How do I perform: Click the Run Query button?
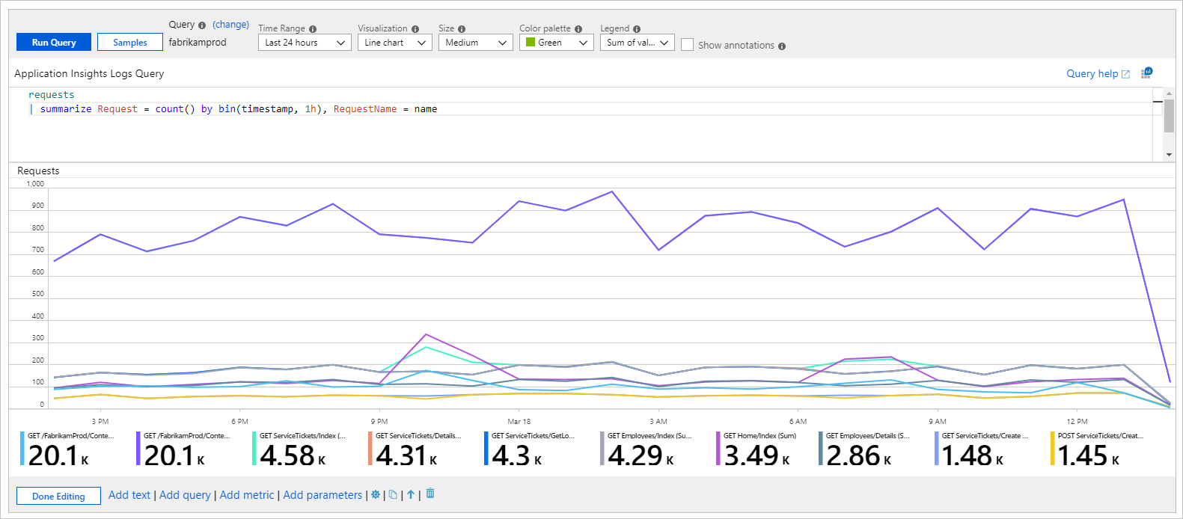click(54, 43)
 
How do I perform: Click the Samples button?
click(130, 43)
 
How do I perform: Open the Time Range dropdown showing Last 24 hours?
click(305, 43)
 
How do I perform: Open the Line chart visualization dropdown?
click(394, 43)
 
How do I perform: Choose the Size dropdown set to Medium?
click(475, 43)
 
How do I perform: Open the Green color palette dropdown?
click(556, 43)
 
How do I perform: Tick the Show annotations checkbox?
click(687, 45)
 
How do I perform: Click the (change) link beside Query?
click(230, 25)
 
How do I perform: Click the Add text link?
click(129, 495)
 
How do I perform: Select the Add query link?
click(185, 495)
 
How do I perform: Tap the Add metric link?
click(247, 495)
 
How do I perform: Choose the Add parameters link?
click(323, 495)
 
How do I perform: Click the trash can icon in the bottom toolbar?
click(430, 494)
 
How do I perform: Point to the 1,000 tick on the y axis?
click(35, 184)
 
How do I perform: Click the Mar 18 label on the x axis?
click(519, 422)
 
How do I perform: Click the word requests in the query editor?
click(51, 95)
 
